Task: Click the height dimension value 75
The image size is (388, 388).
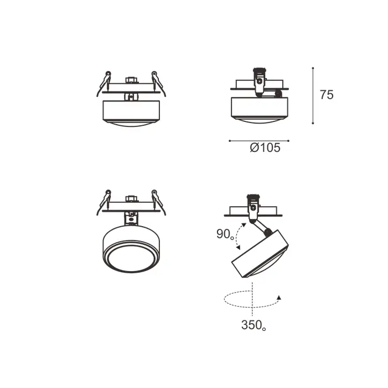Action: [x=327, y=95]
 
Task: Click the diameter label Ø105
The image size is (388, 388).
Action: [x=265, y=147]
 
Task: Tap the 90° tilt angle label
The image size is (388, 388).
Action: [x=225, y=234]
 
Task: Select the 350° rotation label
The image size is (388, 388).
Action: [x=254, y=325]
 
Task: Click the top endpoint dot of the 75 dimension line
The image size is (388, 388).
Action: [x=313, y=68]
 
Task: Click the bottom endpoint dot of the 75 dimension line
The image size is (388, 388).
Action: [x=313, y=123]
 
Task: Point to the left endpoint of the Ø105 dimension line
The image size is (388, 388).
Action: [x=230, y=141]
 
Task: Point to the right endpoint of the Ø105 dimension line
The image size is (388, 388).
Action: [x=288, y=141]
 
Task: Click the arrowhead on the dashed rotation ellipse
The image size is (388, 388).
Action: [x=279, y=298]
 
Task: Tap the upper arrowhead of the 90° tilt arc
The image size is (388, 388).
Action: [x=244, y=225]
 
